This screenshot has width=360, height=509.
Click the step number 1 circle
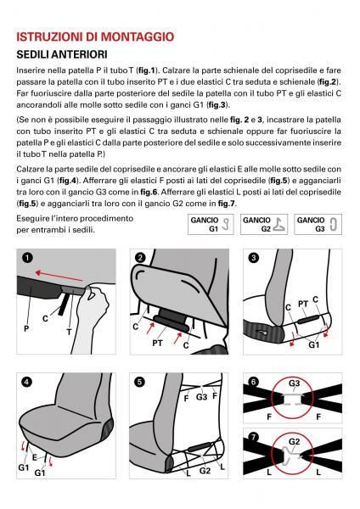pyautogui.click(x=27, y=258)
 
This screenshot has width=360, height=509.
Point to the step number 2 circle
pyautogui.click(x=141, y=258)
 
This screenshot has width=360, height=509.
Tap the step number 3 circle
pyautogui.click(x=253, y=258)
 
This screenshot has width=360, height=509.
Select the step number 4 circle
pyautogui.click(x=27, y=382)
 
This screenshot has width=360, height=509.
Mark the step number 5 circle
pyautogui.click(x=141, y=382)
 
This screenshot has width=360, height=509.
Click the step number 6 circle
pyautogui.click(x=253, y=381)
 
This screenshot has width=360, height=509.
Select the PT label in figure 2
pyautogui.click(x=157, y=343)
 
